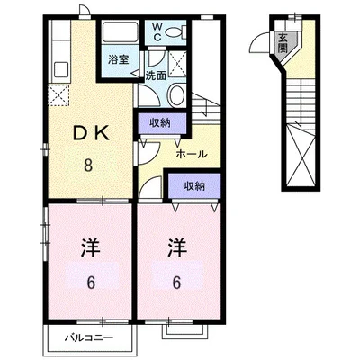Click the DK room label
click(x=91, y=134)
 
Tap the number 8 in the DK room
click(x=88, y=165)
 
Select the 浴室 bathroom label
click(x=119, y=59)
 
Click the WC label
click(x=157, y=32)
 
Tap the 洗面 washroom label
click(x=156, y=76)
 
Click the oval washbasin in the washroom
click(x=176, y=94)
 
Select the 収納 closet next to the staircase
click(x=161, y=123)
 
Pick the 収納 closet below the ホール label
click(x=194, y=186)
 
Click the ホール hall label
click(x=191, y=155)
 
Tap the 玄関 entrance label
click(x=283, y=42)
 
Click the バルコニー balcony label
click(x=90, y=338)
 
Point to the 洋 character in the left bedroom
click(x=91, y=247)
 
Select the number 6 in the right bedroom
click(x=176, y=282)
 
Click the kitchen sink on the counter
click(x=61, y=69)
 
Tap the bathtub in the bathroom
click(x=121, y=32)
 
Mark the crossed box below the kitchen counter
click(x=58, y=95)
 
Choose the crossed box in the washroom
click(x=177, y=64)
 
